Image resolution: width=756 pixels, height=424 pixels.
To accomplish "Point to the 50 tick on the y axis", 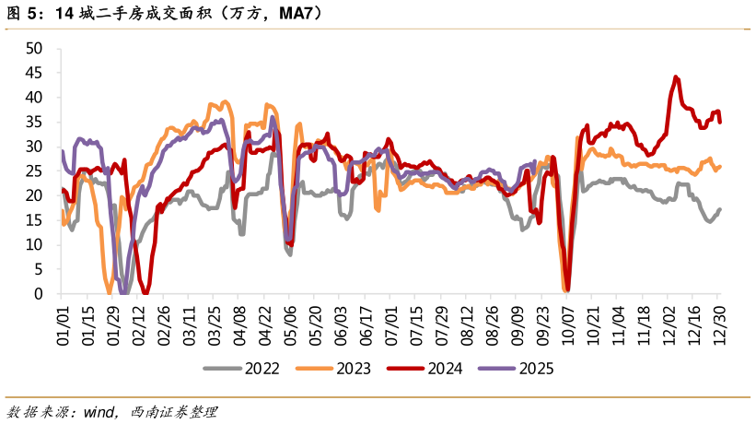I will (x=36, y=48).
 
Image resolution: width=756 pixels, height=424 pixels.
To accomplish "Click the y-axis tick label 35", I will (x=36, y=122).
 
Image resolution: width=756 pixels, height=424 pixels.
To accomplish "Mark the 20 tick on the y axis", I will (x=36, y=195).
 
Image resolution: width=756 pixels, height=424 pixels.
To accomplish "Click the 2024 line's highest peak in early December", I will (x=676, y=77).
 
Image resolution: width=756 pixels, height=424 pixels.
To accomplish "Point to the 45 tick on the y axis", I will (x=36, y=73).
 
